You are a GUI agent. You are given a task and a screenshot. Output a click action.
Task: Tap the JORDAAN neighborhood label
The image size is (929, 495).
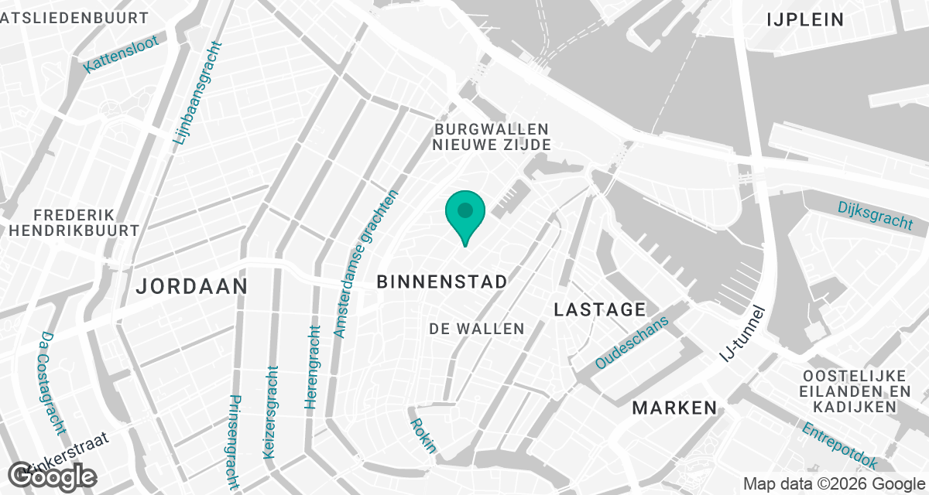point(191,286)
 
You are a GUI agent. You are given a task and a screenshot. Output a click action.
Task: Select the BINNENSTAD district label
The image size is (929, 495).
point(442,282)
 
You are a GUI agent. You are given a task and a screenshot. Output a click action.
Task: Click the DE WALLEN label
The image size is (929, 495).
point(477,329)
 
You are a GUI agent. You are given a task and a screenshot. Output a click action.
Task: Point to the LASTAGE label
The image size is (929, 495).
point(600,310)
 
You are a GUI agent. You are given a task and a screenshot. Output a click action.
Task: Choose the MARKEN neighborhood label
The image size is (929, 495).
point(674,408)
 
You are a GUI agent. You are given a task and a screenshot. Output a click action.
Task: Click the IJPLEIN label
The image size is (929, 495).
point(805,20)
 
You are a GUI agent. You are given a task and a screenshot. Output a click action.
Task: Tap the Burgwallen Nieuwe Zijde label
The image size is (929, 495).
point(492,137)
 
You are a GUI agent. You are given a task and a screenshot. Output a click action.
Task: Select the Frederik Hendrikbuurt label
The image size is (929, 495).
point(74,222)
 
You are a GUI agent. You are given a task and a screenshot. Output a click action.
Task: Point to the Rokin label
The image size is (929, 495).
point(423,435)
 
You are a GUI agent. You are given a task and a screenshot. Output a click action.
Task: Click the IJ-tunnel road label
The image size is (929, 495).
point(742,333)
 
